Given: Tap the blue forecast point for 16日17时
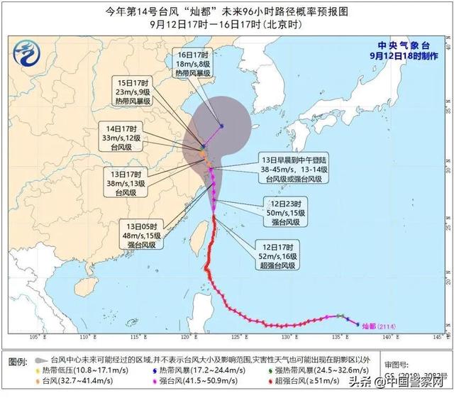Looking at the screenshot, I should (x=221, y=126).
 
